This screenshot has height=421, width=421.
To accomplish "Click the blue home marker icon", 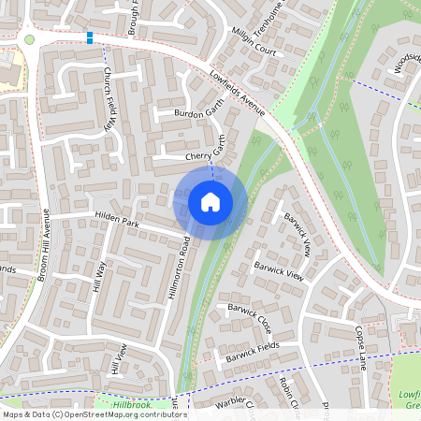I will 210,201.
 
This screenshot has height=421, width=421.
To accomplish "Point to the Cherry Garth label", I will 207,155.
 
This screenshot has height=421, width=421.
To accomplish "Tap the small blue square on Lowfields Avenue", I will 90,37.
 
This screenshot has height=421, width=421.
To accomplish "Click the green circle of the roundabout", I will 29,40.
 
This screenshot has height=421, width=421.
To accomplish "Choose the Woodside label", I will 403,64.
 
